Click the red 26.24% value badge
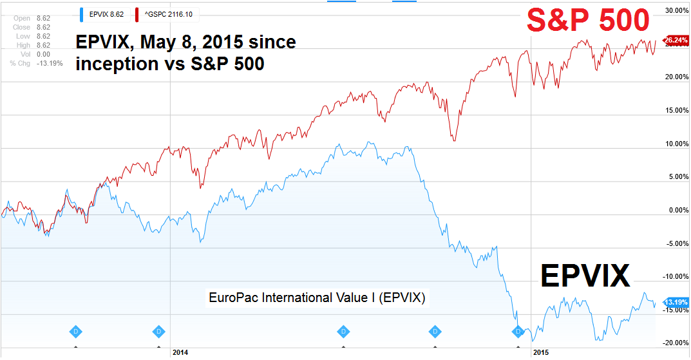point(676,40)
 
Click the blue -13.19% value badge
point(676,301)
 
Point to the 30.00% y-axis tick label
point(676,11)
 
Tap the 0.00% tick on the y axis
point(678,210)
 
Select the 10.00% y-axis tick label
point(676,144)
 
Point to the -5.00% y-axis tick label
point(677,243)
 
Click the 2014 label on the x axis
point(180,353)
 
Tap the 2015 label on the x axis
point(539,353)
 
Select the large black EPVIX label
point(585,276)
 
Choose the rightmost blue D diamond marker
point(518,331)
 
